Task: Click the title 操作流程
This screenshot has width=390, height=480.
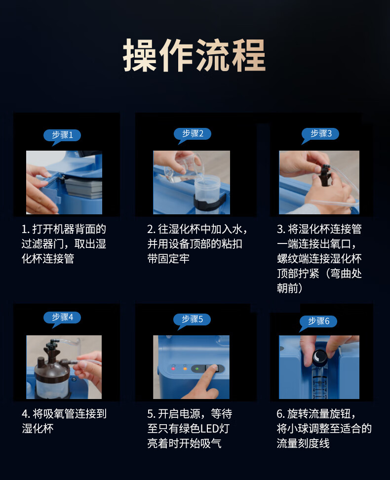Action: point(195,55)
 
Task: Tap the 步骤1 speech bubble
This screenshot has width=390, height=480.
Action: point(62,135)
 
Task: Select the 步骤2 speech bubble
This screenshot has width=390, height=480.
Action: point(192,134)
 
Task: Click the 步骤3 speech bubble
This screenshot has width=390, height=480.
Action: point(320,134)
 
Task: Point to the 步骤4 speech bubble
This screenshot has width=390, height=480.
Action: point(62,318)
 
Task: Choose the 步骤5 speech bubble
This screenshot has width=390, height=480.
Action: point(192,320)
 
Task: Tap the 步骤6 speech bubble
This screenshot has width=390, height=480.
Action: point(318,321)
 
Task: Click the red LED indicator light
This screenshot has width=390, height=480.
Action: point(173,368)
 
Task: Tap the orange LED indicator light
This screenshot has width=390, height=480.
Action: point(185,368)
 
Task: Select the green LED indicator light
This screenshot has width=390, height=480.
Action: point(197,368)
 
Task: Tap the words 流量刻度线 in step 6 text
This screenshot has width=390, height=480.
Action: point(303,443)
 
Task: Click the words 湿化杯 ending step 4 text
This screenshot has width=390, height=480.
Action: point(38,428)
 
